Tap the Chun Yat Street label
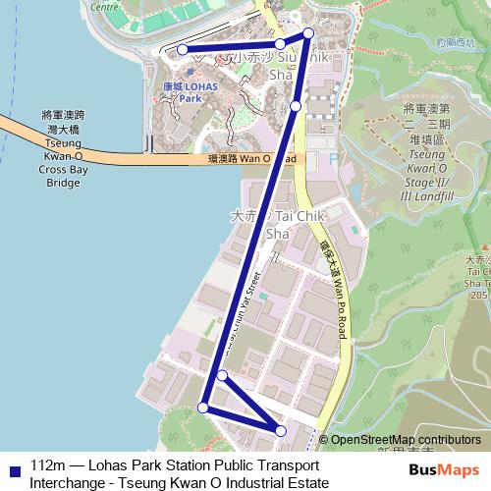click(243, 313)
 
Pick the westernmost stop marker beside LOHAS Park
click(182, 49)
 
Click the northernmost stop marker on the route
click(308, 34)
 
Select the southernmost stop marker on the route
click(282, 431)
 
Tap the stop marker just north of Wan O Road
click(296, 105)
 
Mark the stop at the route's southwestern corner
click(203, 408)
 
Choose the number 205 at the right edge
click(478, 295)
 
